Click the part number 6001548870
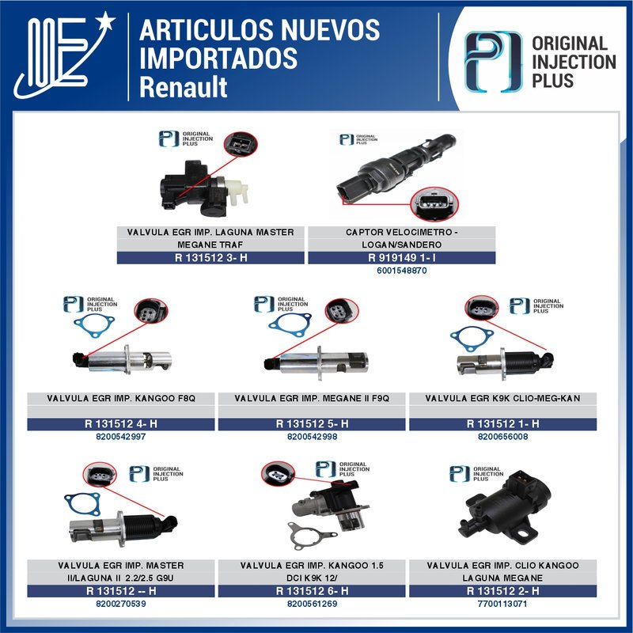[401, 271]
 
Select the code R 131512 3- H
[210, 257]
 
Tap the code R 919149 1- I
[401, 257]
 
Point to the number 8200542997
[120, 437]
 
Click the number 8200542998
[312, 437]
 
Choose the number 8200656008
[502, 437]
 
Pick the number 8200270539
[120, 604]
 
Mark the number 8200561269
[312, 604]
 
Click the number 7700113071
[502, 604]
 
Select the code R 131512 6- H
[312, 591]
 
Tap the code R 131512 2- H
[502, 591]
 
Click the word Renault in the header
[183, 86]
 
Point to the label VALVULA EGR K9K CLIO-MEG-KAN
[502, 398]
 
